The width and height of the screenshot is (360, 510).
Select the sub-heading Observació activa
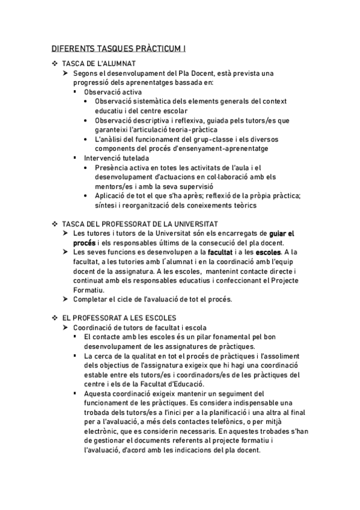113,92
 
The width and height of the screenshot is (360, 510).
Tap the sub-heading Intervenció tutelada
117,158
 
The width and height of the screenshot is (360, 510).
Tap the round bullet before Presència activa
88,168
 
